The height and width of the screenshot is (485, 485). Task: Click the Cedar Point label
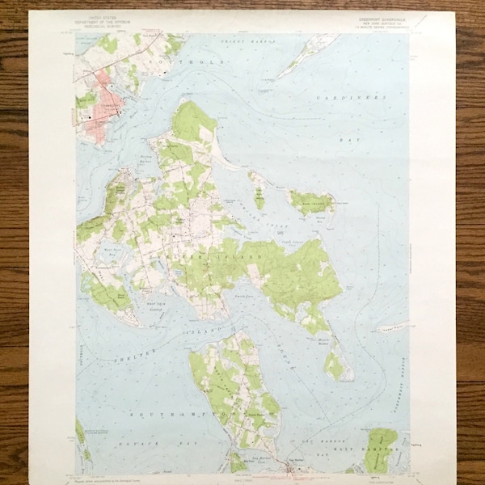(390, 327)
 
